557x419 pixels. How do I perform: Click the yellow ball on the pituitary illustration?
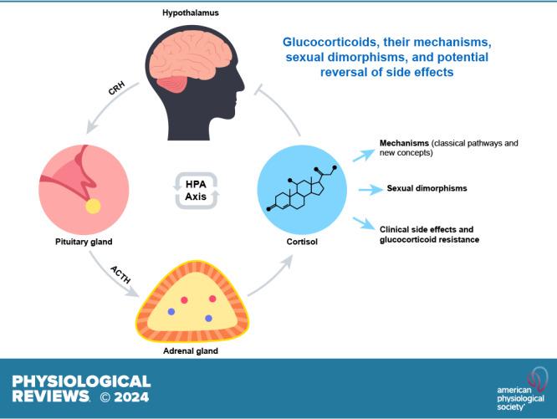coord(93,206)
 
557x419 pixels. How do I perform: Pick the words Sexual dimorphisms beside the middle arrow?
coord(427,188)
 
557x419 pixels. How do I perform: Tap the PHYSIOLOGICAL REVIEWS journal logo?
coord(81,387)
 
